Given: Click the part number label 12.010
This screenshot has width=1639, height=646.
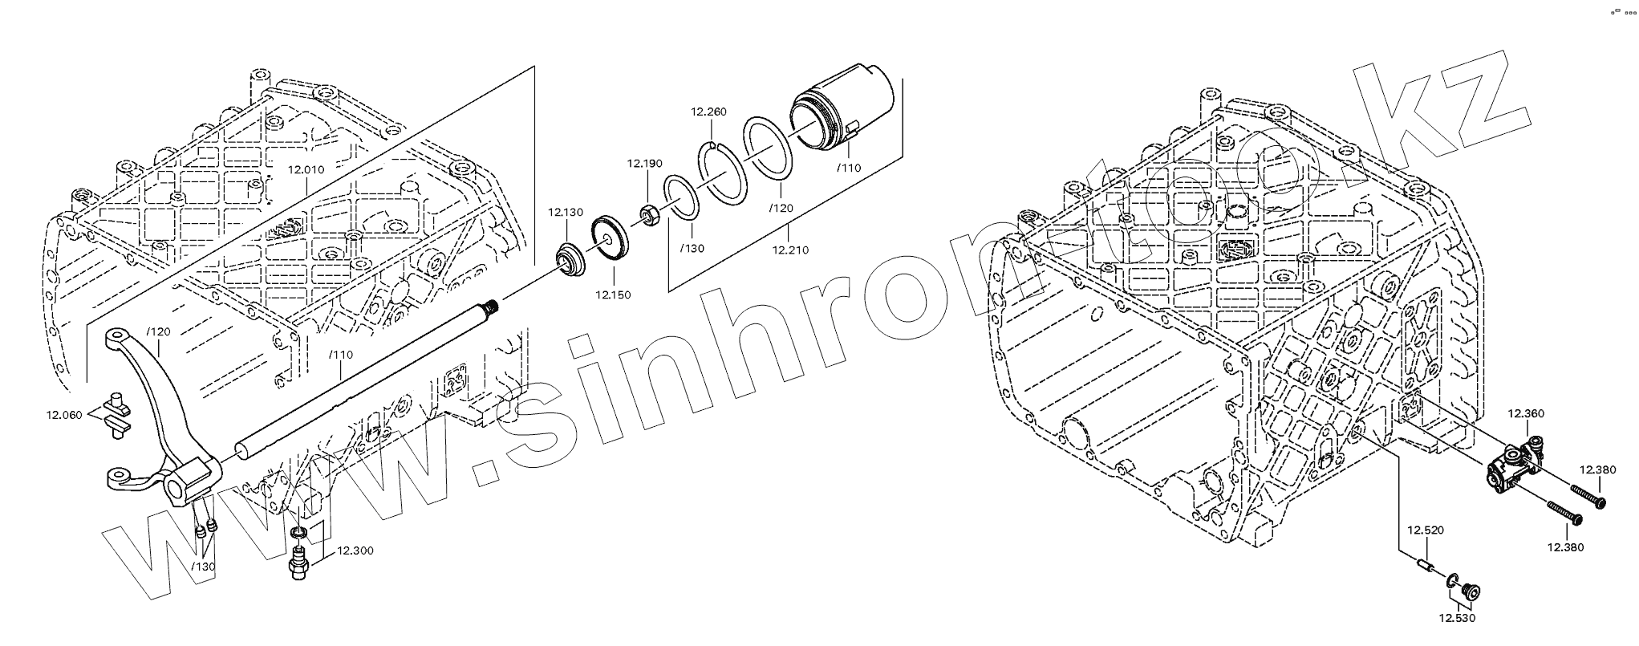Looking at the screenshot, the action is [x=306, y=170].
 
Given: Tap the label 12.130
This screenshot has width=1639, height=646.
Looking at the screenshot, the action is [x=566, y=213].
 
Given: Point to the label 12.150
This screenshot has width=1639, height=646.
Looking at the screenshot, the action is [x=613, y=295].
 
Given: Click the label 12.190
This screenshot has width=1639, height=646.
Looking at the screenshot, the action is [x=645, y=164].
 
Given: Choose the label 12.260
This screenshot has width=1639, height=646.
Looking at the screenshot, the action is [x=708, y=112].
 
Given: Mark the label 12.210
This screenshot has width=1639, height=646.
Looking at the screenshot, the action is [x=790, y=250].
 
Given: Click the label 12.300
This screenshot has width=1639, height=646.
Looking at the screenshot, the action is [x=355, y=551].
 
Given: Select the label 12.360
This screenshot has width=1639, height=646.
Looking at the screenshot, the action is [x=1525, y=414].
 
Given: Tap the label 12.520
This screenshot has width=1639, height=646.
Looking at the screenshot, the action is [x=1425, y=530].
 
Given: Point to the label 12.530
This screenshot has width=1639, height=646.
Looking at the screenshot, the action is [x=1456, y=619].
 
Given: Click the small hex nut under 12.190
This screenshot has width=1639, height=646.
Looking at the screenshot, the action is [x=650, y=214].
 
